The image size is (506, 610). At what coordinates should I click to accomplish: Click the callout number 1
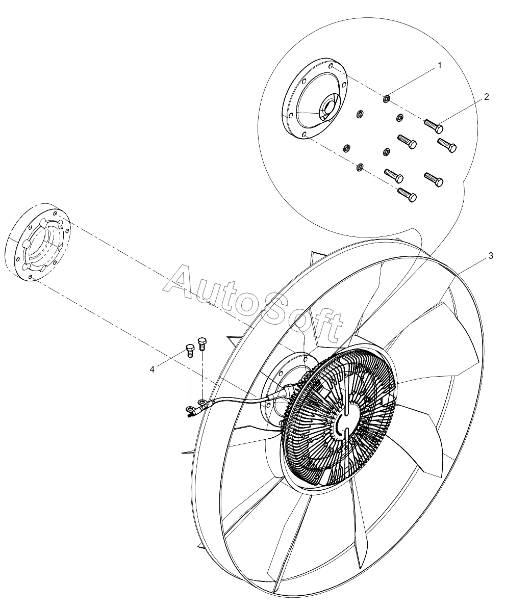[x=439, y=66]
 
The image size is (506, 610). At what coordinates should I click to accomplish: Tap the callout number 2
[x=486, y=97]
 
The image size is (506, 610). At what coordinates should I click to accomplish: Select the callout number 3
[x=490, y=256]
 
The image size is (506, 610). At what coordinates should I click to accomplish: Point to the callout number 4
[x=152, y=369]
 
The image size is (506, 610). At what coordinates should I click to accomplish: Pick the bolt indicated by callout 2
[x=433, y=125]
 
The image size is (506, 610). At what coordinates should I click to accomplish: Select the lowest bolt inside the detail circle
[x=407, y=195]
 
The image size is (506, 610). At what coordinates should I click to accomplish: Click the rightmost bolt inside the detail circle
[x=447, y=145]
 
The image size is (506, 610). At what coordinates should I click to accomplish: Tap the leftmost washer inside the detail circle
[x=346, y=148]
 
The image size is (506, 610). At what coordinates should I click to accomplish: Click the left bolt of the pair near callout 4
[x=189, y=351]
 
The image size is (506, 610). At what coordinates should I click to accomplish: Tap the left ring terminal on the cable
[x=190, y=409]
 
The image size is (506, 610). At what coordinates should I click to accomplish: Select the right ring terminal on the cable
[x=202, y=403]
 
